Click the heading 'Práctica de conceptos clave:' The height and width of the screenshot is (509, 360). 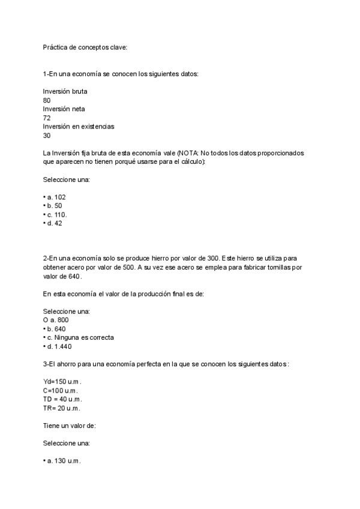[x=85, y=47]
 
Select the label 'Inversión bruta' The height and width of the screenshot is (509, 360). [x=65, y=91]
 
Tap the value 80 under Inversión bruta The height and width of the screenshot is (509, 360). [x=47, y=100]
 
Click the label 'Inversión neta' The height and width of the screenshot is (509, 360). [x=64, y=109]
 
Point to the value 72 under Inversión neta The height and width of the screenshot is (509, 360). [x=47, y=118]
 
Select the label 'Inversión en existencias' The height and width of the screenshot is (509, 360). [x=79, y=127]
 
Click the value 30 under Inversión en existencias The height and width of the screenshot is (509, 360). [x=47, y=136]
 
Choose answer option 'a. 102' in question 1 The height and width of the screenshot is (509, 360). [x=56, y=197]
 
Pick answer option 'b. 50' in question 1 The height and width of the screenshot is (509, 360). [x=54, y=206]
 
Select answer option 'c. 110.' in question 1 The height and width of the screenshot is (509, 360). [x=57, y=214]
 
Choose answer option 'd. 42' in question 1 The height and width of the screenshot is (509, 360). [x=54, y=223]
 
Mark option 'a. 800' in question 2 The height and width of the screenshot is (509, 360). [x=56, y=320]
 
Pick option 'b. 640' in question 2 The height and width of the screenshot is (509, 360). [x=56, y=329]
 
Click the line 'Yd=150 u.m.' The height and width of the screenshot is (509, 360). [x=62, y=382]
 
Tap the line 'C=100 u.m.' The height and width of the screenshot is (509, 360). [x=61, y=391]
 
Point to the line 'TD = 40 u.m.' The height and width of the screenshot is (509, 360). [x=62, y=399]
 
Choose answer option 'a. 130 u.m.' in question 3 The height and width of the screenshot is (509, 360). [x=63, y=461]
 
